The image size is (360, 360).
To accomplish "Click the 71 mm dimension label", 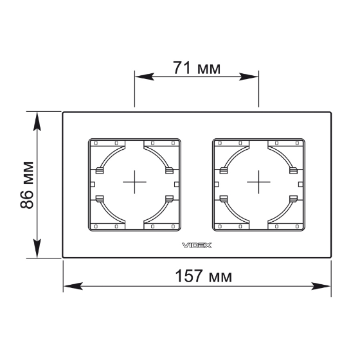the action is [x=197, y=68].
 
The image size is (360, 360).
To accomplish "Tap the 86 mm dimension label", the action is [x=27, y=185].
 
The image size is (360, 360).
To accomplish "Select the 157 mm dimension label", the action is [x=203, y=276].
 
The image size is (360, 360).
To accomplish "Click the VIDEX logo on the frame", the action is [x=197, y=246].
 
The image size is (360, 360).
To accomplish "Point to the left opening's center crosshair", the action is [x=134, y=182].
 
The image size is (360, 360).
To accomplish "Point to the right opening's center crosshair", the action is [x=258, y=182].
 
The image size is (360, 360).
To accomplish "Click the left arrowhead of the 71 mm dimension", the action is [x=144, y=76].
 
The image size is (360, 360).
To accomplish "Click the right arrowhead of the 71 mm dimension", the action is [x=249, y=76].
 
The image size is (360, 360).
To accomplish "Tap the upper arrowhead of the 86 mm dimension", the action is [x=37, y=122].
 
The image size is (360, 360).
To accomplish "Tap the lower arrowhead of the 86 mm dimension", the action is [x=37, y=249].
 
